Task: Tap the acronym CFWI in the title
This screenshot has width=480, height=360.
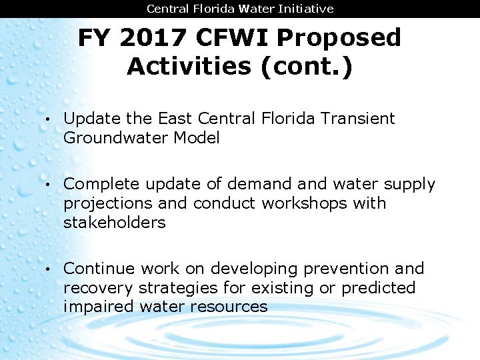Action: coord(232,38)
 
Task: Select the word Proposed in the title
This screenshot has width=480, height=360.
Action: coord(339,38)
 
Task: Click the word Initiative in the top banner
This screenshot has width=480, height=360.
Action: coord(309,9)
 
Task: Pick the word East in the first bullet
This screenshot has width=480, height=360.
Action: coord(175,119)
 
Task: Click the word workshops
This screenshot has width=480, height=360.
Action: coord(305,203)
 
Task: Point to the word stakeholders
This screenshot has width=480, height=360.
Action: coord(114,222)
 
